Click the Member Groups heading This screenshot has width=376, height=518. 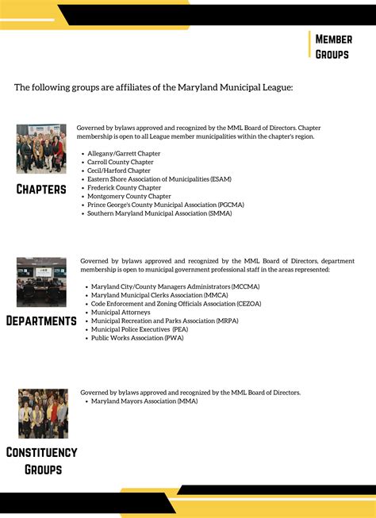[334, 46]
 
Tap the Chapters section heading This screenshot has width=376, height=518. [41, 189]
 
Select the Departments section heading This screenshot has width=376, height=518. [41, 320]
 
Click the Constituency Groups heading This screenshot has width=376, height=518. [41, 460]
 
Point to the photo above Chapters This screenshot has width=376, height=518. [41, 148]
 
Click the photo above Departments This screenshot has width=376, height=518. [41, 282]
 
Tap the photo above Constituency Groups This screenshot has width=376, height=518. [43, 413]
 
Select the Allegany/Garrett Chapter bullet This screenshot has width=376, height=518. [124, 153]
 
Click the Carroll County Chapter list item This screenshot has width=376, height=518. [121, 162]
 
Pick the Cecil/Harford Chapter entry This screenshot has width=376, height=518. [119, 171]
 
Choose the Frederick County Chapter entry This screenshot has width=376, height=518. [124, 188]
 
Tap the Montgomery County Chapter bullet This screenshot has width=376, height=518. [129, 196]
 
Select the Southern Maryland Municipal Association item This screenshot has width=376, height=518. [159, 213]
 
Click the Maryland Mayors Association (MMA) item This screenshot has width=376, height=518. [144, 401]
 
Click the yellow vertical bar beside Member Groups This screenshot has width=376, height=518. [310, 45]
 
